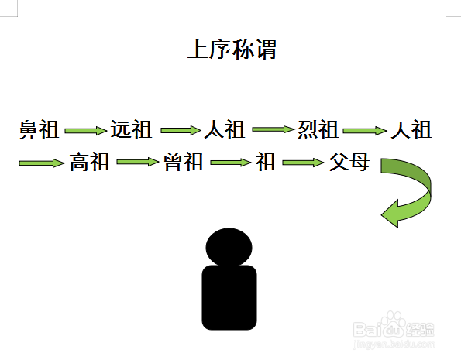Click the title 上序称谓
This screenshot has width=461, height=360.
[x=232, y=50]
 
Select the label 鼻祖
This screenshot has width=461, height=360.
[x=39, y=129]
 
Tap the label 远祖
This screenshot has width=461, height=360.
[x=131, y=129]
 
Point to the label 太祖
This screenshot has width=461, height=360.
[x=225, y=129]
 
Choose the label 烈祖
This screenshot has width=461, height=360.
[x=318, y=129]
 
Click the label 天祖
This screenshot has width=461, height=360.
[x=411, y=129]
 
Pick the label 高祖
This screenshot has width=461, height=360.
[x=90, y=162]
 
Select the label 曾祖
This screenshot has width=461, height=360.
[x=184, y=162]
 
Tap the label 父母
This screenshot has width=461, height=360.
[x=349, y=162]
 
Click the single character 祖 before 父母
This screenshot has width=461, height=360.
[x=266, y=162]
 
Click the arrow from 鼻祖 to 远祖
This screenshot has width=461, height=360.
[x=85, y=131]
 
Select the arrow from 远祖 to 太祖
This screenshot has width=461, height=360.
[x=181, y=130]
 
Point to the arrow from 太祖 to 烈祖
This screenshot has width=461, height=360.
[x=274, y=129]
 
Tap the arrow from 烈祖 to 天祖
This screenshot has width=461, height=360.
[x=365, y=131]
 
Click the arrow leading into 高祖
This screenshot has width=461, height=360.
[x=42, y=163]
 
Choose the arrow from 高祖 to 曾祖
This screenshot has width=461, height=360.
[x=138, y=162]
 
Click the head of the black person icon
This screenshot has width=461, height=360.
[x=229, y=247]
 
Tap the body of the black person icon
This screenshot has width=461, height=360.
[x=229, y=297]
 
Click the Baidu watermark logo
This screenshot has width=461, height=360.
[x=394, y=329]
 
